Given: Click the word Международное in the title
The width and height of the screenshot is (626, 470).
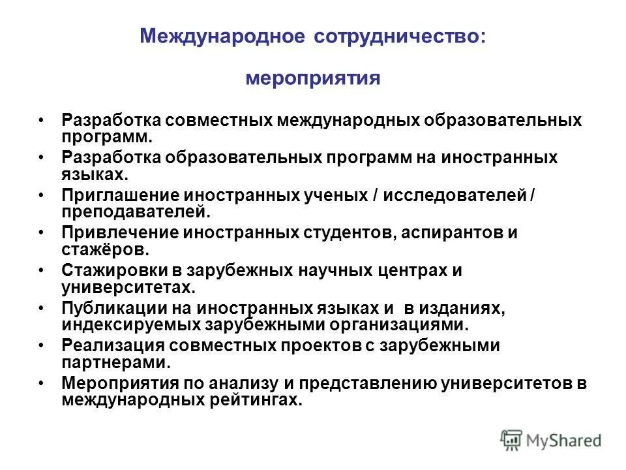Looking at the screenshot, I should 222,36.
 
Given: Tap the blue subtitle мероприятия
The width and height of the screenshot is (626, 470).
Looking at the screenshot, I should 312,78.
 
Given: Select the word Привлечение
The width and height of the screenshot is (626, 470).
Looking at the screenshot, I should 120,233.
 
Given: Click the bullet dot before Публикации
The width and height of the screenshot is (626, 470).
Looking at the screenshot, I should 42,308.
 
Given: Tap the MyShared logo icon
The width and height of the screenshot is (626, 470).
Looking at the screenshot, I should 513,440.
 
